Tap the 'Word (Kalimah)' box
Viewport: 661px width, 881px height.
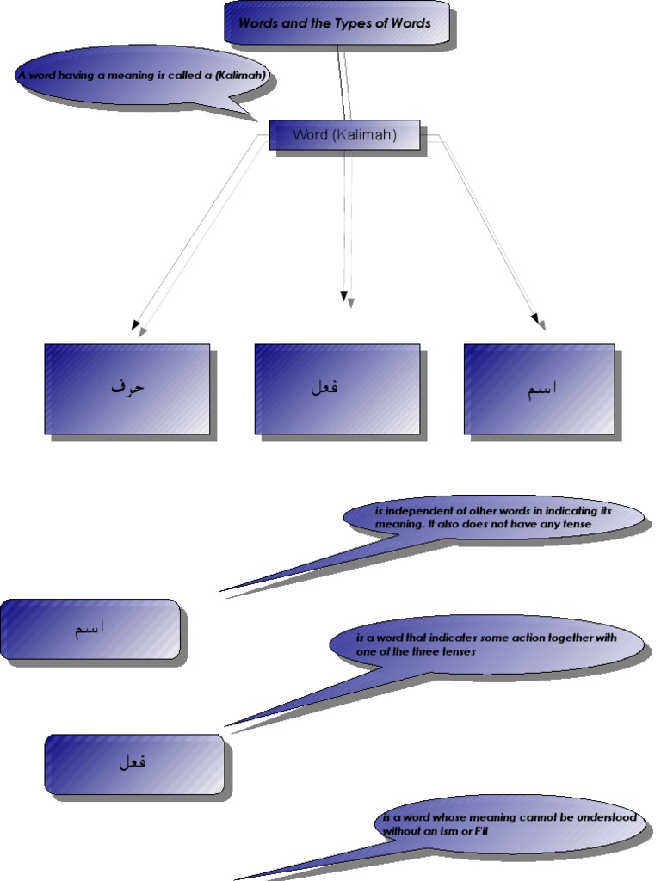(344, 134)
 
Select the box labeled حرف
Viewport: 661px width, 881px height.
(127, 388)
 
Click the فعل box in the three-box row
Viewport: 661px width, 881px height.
(337, 388)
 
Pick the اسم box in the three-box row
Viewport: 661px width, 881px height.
(540, 388)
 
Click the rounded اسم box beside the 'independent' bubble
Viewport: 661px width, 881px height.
(90, 629)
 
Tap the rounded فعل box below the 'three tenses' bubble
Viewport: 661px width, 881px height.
(134, 762)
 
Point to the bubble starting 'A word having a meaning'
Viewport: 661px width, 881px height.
(142, 76)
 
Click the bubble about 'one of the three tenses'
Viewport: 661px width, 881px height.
(486, 644)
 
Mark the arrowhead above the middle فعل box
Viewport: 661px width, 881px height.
(346, 298)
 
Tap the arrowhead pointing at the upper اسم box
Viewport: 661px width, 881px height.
(539, 322)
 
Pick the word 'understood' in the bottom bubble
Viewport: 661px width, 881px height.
(604, 817)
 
